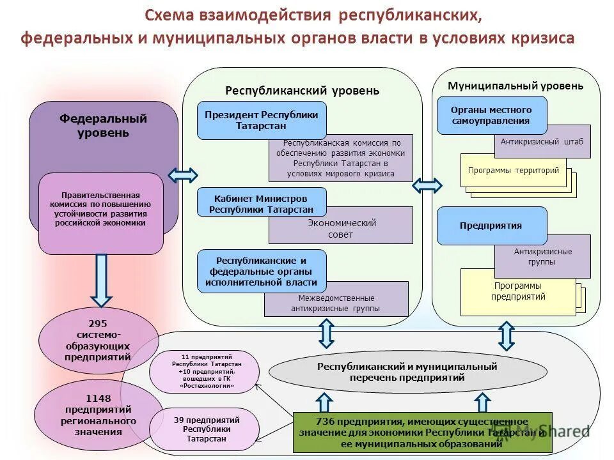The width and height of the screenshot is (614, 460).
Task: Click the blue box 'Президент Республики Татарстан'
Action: [x=261, y=120]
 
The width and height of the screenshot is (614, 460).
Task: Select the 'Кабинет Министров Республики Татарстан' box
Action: [x=261, y=203]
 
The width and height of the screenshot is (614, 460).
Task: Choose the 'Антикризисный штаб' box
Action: [x=542, y=142]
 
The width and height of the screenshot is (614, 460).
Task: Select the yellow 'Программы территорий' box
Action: [x=513, y=171]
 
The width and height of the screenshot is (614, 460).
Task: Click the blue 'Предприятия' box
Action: [x=491, y=226]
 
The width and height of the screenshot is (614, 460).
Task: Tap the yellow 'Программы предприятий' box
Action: [x=518, y=292]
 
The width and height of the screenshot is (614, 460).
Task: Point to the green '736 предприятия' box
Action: [x=421, y=433]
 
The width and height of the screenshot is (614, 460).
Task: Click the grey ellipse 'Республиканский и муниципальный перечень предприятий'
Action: [x=407, y=372]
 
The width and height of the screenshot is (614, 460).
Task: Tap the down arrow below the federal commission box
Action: [x=101, y=279]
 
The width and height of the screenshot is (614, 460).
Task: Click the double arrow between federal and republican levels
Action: [x=183, y=175]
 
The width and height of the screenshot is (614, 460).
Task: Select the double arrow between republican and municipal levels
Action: [x=427, y=185]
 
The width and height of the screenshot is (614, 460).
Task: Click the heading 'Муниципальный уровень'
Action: [x=516, y=86]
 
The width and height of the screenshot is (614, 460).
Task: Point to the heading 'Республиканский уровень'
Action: [x=302, y=91]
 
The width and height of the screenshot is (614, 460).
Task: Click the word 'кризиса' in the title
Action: [x=542, y=38]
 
